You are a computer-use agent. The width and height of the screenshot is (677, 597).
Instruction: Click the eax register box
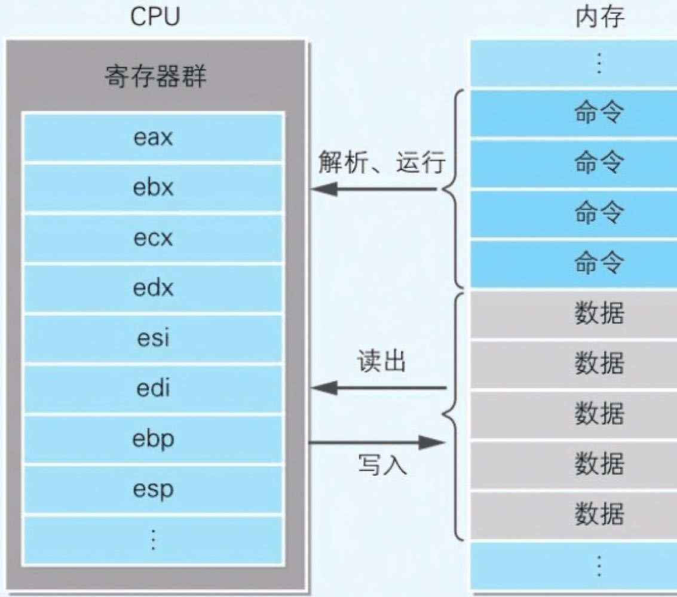click(x=153, y=138)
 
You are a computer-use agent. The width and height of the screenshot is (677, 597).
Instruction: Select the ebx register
click(x=153, y=188)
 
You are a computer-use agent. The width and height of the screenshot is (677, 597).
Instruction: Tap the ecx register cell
click(x=153, y=238)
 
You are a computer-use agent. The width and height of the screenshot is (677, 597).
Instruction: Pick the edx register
click(x=153, y=288)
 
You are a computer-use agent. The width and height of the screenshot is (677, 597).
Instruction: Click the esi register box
click(x=153, y=338)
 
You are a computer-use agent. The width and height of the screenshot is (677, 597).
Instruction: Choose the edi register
click(x=153, y=389)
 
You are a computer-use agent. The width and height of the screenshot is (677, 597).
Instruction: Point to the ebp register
click(x=153, y=439)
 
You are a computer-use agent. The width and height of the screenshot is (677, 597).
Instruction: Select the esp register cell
click(x=153, y=490)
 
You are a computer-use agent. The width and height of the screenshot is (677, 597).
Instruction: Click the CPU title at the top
click(x=155, y=18)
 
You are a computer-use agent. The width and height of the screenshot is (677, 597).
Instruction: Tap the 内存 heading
click(x=599, y=18)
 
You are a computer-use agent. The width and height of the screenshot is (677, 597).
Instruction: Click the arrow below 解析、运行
click(x=375, y=190)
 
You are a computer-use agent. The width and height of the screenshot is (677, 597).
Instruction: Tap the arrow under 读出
click(x=379, y=389)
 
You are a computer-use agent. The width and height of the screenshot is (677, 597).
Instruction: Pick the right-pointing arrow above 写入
click(x=377, y=442)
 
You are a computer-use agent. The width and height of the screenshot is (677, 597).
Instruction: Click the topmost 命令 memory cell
click(x=599, y=113)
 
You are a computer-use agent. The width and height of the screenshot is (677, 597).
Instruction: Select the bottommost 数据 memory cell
click(x=599, y=515)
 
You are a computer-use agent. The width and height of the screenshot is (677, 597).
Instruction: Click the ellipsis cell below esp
click(x=153, y=540)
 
